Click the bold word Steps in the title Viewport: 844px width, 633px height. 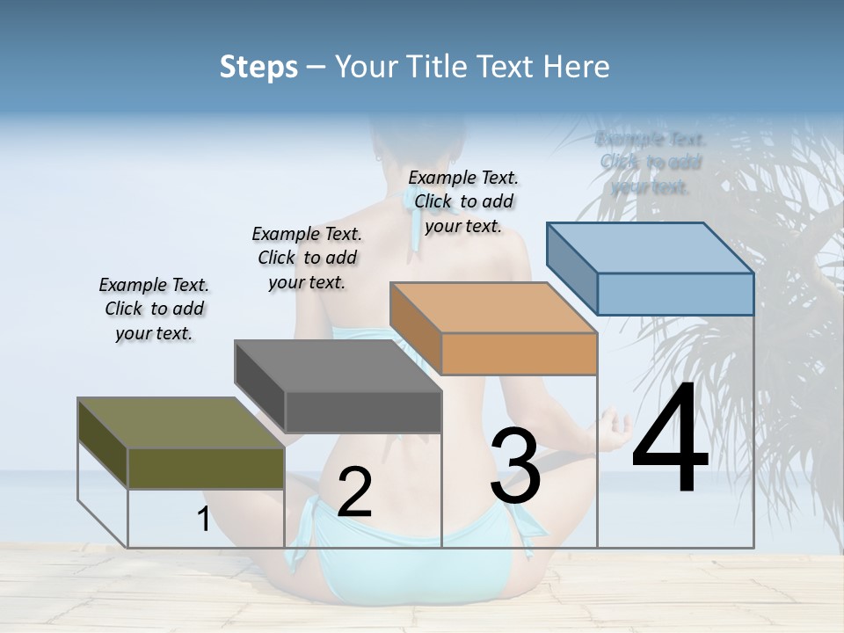[x=258, y=67]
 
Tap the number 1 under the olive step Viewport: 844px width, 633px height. [x=203, y=520]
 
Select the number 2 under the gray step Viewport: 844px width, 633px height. [x=354, y=492]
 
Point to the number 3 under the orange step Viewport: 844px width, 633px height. [x=515, y=466]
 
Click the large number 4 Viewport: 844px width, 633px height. [x=670, y=440]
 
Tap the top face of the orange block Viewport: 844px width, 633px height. [x=493, y=308]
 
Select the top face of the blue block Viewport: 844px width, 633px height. [x=651, y=248]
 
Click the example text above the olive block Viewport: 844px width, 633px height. [x=154, y=309]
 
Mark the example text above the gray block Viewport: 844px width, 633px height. [x=307, y=258]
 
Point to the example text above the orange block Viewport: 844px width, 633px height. [x=463, y=201]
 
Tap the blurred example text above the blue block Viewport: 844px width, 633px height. [x=651, y=163]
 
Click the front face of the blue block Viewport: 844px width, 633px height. [x=675, y=294]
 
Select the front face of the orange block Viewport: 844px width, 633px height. [x=519, y=353]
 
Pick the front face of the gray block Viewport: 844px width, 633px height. [x=363, y=411]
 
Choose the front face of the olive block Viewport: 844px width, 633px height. [x=206, y=468]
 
